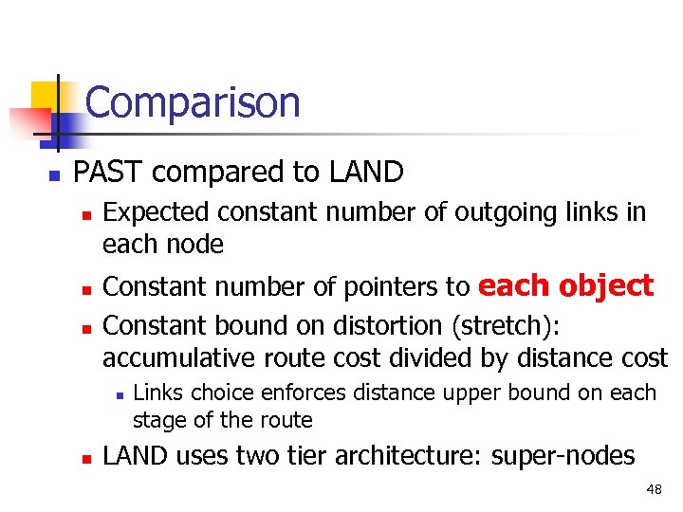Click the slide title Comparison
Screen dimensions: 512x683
tap(192, 102)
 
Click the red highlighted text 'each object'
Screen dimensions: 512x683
tap(565, 285)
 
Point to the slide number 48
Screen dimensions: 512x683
tap(654, 489)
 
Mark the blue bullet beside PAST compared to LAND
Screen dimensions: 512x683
tap(54, 174)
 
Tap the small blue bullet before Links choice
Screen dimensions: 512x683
tap(118, 393)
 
